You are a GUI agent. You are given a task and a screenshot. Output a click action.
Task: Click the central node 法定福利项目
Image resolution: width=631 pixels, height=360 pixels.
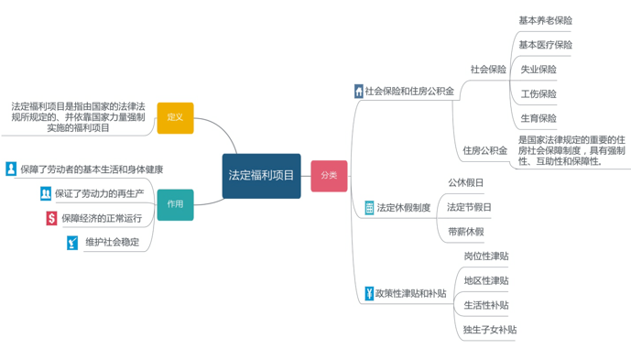[x=262, y=176]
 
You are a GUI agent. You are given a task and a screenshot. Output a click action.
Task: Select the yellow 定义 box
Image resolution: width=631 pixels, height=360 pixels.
[x=175, y=118]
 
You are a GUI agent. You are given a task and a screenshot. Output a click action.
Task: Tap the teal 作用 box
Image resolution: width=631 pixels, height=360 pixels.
[x=175, y=204]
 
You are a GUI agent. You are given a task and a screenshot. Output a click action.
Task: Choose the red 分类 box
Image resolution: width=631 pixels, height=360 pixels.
[x=329, y=176]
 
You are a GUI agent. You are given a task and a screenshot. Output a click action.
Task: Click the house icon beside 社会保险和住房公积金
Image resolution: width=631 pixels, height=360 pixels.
[x=359, y=92]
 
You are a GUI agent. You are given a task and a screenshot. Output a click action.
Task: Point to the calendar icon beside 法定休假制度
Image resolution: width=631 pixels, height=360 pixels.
[x=369, y=208]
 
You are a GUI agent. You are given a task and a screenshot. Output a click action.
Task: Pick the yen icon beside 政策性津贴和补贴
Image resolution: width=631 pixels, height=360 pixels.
[x=369, y=293]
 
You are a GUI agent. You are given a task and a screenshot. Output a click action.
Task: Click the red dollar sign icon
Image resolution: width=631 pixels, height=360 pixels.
[x=51, y=218]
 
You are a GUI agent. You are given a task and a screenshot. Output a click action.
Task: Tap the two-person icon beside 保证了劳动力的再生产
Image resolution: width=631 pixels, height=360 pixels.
[x=46, y=193]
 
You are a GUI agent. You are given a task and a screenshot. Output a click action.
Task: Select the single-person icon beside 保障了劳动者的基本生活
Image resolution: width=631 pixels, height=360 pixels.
[x=11, y=169]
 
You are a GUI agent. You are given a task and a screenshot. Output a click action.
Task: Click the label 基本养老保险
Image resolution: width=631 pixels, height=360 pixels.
[x=545, y=20]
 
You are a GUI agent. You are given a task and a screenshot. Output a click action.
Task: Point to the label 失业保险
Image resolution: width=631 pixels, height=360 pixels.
[x=539, y=70]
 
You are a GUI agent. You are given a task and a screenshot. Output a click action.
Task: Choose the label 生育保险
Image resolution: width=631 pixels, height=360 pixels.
[x=539, y=118]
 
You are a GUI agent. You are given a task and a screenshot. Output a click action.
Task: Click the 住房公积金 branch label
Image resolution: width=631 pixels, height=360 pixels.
[x=484, y=150]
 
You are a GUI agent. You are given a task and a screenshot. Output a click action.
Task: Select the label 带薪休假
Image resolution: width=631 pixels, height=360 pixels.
[x=466, y=232]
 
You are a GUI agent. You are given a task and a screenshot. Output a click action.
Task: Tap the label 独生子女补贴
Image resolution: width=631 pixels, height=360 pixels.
[x=490, y=330]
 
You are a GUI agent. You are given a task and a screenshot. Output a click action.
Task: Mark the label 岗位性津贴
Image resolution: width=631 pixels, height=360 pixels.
[x=486, y=256]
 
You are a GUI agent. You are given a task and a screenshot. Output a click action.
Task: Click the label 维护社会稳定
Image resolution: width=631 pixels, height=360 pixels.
[x=113, y=242]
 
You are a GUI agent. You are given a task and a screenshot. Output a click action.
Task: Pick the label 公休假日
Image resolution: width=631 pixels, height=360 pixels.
[x=465, y=183]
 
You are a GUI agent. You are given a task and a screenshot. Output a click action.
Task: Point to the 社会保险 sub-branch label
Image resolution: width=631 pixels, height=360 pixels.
[x=488, y=70]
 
